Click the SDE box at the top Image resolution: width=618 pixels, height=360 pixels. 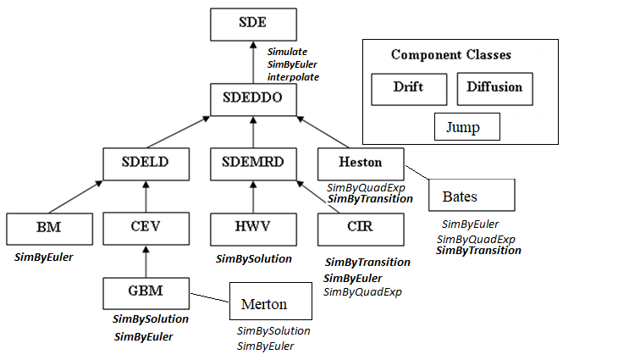point(254,22)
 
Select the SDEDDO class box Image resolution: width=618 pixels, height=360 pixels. point(253,101)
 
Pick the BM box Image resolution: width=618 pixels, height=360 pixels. point(48,227)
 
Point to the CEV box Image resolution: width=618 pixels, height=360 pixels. point(145,227)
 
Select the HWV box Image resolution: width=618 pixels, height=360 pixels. point(254,227)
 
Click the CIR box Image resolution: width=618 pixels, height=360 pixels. point(359,227)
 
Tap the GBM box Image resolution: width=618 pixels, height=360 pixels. point(145,291)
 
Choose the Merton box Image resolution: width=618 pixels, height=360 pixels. point(264,304)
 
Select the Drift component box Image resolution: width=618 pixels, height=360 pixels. point(408,87)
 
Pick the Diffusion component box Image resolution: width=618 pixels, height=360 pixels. point(494,87)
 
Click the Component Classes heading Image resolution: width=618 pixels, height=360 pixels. point(450,55)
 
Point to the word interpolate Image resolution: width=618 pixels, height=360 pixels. point(293,76)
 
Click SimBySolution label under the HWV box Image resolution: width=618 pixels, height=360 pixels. point(254,258)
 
